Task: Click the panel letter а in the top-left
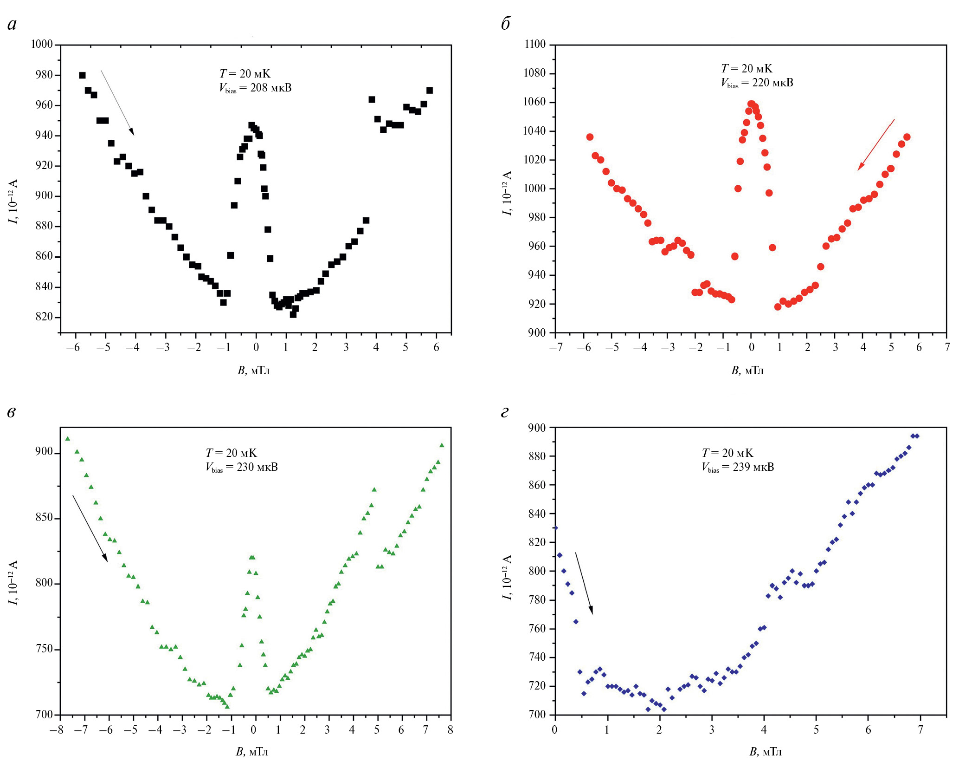12,25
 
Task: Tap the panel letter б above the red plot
505,24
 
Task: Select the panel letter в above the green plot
12,412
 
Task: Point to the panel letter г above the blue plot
505,412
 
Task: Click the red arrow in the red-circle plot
876,144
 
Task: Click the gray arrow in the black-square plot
117,103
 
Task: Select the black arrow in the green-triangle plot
90,528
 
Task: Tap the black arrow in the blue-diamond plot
584,583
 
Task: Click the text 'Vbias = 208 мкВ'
255,88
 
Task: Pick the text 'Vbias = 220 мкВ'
757,83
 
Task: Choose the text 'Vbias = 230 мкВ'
242,467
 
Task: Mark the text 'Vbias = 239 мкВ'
738,467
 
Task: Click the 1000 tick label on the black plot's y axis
42,44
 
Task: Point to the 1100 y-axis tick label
535,44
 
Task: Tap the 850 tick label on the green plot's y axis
45,517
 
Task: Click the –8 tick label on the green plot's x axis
57,730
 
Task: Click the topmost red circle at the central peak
751,104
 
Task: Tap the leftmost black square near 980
82,75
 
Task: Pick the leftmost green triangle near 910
68,438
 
